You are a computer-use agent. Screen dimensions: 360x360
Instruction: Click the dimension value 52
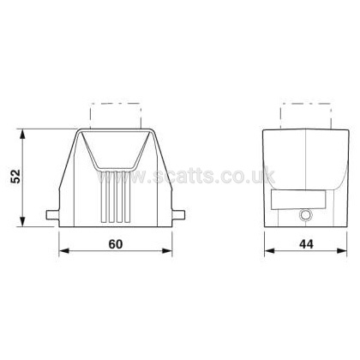pos(15,177)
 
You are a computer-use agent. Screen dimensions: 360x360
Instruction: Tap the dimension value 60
pos(116,244)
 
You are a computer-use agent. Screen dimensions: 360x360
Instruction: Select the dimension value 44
pos(306,244)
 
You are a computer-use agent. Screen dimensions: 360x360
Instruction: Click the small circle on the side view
pos(305,215)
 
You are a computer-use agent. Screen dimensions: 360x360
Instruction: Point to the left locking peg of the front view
pos(53,215)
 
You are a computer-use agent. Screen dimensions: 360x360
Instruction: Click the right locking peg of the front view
pos(178,215)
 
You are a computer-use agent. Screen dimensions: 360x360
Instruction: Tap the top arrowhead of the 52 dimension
pos(22,135)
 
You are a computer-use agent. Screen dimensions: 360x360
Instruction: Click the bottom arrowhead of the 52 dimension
pos(22,221)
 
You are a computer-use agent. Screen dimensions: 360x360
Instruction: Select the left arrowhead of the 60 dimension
pos(64,251)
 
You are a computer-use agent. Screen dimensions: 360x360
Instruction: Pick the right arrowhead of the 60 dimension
pos(167,251)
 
